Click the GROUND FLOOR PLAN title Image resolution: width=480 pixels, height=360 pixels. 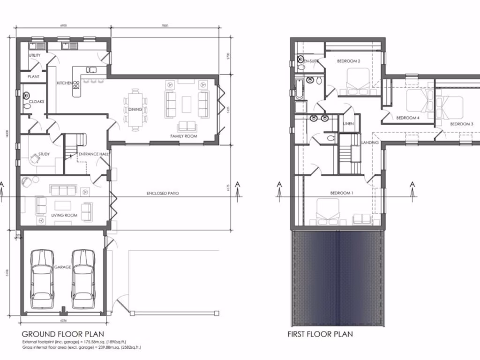(63, 334)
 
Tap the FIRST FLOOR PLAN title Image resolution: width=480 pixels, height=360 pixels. (320, 334)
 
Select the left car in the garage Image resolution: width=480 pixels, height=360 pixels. (42, 279)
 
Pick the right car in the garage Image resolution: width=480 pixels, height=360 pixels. (83, 279)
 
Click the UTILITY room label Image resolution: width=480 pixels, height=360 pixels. (35, 55)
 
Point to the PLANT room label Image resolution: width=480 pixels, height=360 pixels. (33, 76)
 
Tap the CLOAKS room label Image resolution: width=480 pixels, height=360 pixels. (37, 101)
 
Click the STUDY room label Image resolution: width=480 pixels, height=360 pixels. (44, 154)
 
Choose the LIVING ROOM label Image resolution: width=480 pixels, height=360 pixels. (64, 215)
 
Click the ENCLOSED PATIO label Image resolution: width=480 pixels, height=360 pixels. (163, 193)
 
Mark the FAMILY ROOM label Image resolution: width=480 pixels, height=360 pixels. (183, 136)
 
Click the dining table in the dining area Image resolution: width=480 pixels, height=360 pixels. (135, 109)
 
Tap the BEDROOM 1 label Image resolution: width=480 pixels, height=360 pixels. (342, 193)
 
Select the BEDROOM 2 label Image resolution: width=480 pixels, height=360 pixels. (348, 61)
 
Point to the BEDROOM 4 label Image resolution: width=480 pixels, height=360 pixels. (407, 118)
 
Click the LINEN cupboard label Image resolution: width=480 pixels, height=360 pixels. (348, 124)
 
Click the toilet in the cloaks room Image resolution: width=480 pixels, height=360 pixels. (26, 106)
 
